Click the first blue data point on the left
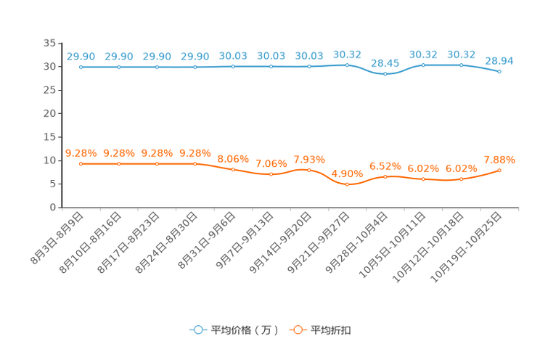point(81,67)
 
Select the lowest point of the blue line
point(385,73)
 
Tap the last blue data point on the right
point(499,71)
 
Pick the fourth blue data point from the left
point(195,67)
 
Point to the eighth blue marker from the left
point(348,65)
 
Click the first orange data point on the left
point(81,164)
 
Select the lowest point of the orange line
point(348,185)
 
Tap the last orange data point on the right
point(499,170)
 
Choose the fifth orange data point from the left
point(233,169)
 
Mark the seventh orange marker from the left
point(309,170)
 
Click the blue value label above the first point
point(81,56)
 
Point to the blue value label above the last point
point(499,60)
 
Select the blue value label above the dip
point(385,63)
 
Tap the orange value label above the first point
point(81,153)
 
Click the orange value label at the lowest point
point(348,173)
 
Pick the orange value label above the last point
point(499,159)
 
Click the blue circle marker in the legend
point(197,330)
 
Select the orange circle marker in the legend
point(297,330)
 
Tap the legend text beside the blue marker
point(245,330)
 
